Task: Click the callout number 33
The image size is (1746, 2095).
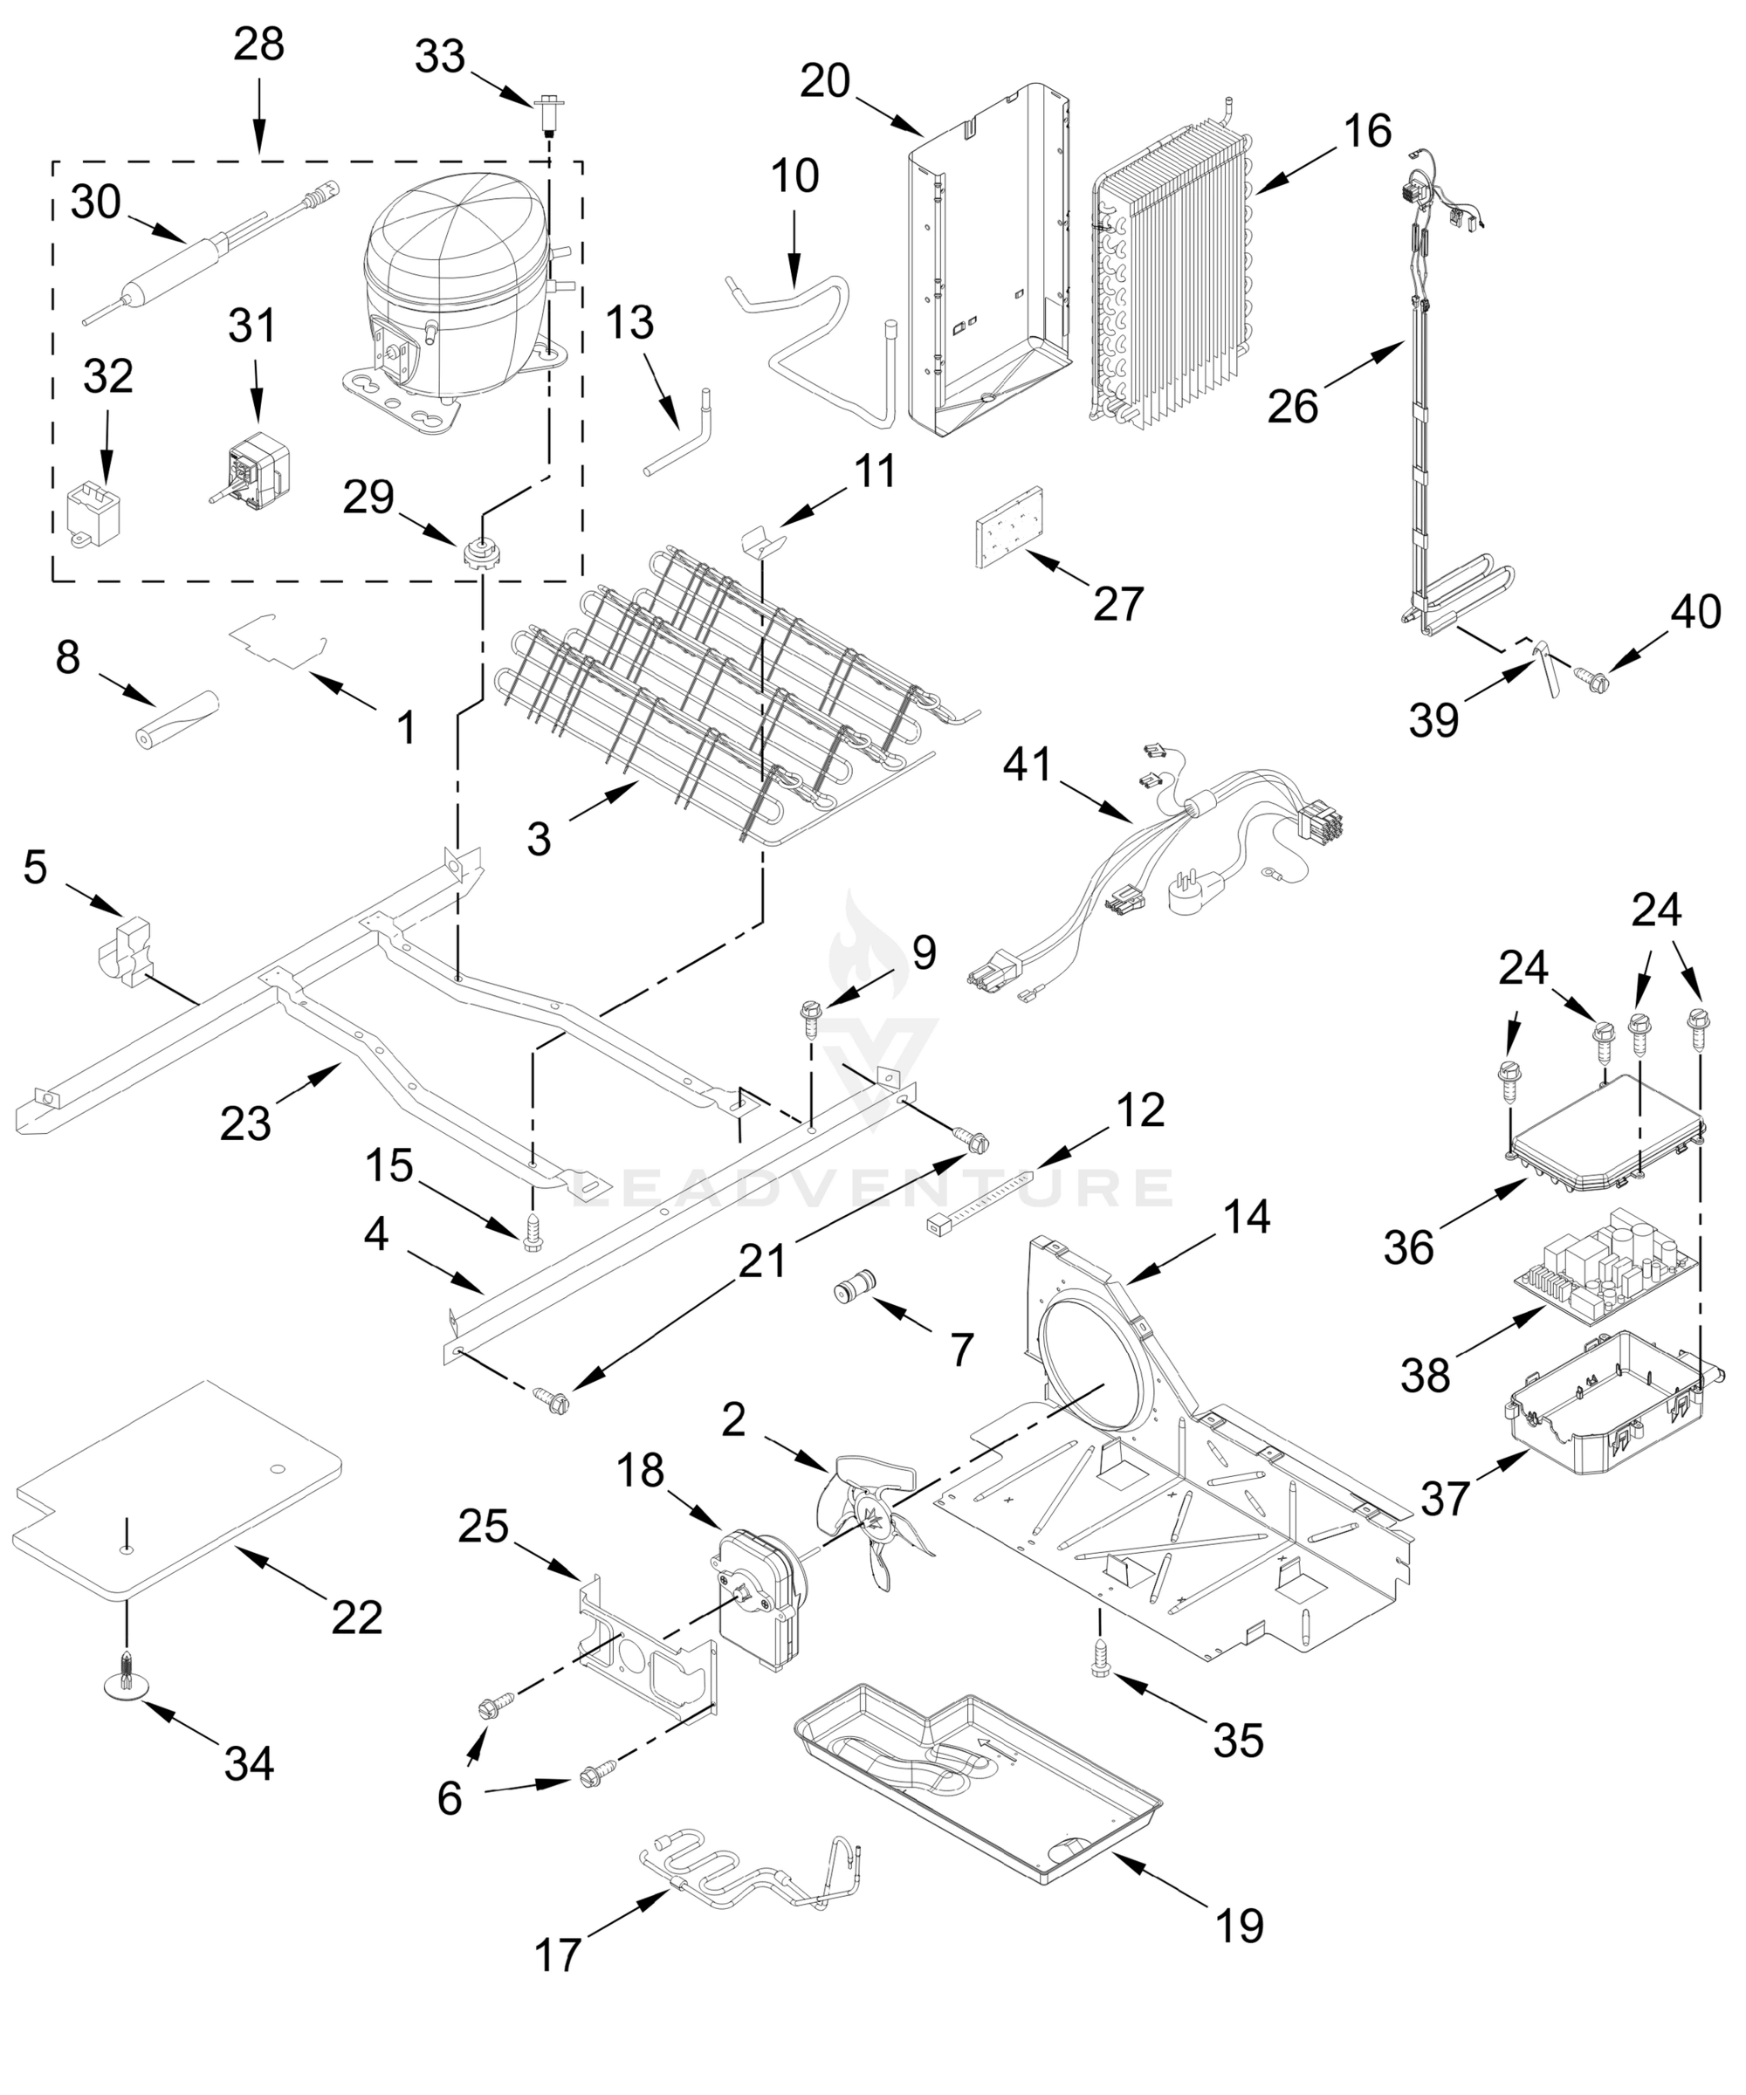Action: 440,57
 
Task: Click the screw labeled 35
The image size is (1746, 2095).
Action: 1102,1667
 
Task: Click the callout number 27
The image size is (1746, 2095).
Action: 1117,603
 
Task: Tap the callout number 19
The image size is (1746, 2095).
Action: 1239,1926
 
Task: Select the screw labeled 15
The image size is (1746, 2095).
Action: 533,1230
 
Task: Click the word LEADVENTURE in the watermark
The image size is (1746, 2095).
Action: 873,1187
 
